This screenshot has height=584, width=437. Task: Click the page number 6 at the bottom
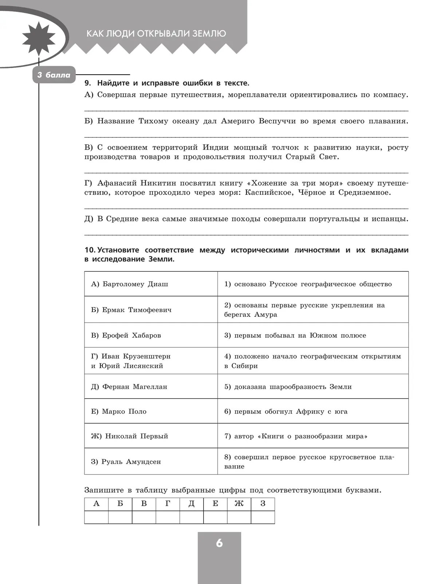click(x=219, y=543)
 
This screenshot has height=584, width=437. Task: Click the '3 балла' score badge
click(x=54, y=75)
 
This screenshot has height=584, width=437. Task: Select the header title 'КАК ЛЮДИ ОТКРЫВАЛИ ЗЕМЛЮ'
click(x=156, y=34)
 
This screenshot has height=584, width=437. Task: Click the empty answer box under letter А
click(x=96, y=517)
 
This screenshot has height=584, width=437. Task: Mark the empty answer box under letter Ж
click(x=239, y=517)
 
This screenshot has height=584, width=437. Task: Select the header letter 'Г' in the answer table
click(x=168, y=504)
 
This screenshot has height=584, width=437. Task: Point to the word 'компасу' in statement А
click(x=389, y=95)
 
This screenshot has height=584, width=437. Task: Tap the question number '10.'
click(x=90, y=250)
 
